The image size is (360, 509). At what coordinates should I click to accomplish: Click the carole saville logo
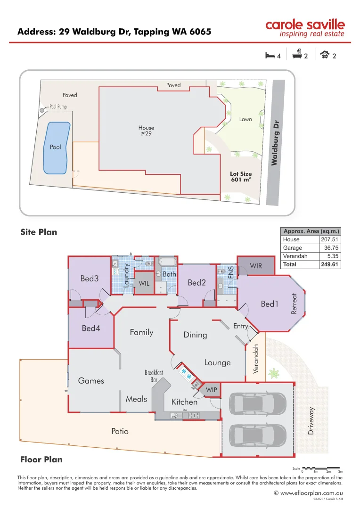click(x=305, y=28)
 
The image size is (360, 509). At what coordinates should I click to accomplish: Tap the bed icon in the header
click(x=270, y=56)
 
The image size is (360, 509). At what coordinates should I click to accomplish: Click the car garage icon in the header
click(x=324, y=56)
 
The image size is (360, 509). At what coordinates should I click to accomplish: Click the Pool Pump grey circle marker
click(x=42, y=109)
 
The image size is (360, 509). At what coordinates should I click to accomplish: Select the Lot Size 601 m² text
click(x=241, y=177)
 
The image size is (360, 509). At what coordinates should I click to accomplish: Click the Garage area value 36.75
click(x=330, y=247)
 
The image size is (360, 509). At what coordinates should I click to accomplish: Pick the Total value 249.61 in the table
click(x=329, y=264)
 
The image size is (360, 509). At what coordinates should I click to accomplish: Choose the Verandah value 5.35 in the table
click(x=331, y=256)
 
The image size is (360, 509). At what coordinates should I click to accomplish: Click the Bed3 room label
click(x=90, y=279)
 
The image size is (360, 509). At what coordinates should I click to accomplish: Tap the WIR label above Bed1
click(x=256, y=266)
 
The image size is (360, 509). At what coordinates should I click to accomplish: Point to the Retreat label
click(x=295, y=304)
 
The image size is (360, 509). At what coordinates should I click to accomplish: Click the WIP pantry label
click(x=211, y=390)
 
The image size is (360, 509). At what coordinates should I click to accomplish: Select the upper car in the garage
click(x=257, y=403)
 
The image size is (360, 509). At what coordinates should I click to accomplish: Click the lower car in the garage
click(x=257, y=435)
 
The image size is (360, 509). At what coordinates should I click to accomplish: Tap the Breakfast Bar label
click(x=154, y=376)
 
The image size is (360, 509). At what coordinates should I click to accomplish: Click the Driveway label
click(x=311, y=421)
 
